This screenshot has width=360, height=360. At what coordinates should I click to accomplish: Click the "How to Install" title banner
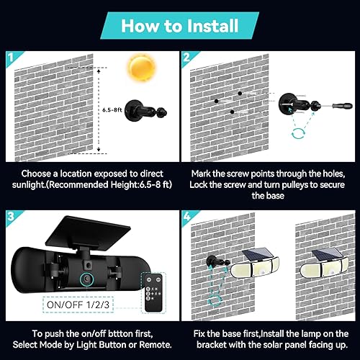[180, 26]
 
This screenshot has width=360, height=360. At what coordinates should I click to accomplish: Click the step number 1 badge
[9, 57]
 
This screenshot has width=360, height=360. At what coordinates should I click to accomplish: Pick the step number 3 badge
[9, 215]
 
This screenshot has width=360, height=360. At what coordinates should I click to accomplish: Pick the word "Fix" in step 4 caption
[201, 332]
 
